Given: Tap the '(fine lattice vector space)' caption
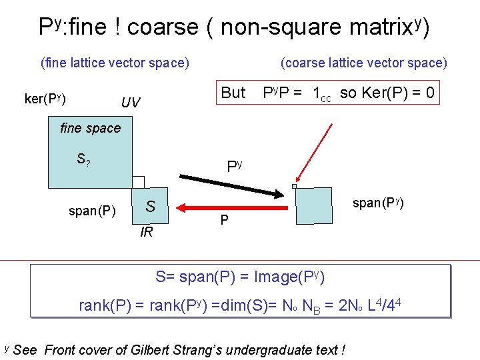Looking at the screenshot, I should click(x=115, y=63).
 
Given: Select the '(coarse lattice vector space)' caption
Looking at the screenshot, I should click(x=364, y=63).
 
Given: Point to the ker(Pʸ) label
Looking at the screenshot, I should click(x=45, y=99).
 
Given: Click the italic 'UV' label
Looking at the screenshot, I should click(x=130, y=103).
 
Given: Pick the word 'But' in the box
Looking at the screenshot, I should click(x=233, y=93).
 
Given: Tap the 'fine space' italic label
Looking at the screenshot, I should click(x=90, y=128).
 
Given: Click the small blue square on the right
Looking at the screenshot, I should click(x=313, y=205).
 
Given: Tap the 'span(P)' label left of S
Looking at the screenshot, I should click(x=93, y=211).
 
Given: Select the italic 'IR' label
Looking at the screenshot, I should click(x=147, y=233).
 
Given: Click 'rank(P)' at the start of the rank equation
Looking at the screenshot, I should click(x=103, y=306).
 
